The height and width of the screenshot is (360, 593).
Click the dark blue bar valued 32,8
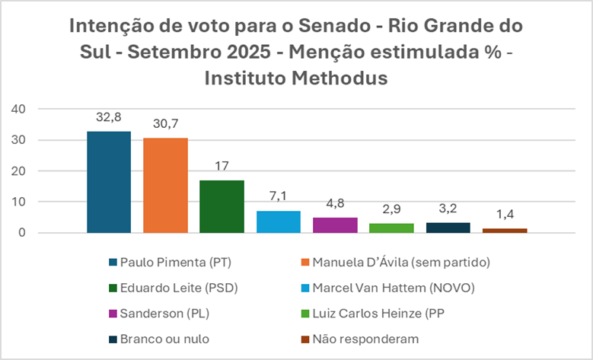click(108, 183)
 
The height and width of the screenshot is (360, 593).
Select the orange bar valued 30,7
click(165, 186)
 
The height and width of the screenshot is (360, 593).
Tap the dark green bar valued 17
click(222, 206)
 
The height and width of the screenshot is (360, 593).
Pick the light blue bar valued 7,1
click(279, 221)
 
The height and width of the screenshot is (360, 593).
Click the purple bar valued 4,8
click(335, 225)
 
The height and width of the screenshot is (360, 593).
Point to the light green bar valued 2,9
click(391, 228)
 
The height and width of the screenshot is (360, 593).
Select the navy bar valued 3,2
click(448, 228)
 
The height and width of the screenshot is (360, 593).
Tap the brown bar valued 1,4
click(505, 231)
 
